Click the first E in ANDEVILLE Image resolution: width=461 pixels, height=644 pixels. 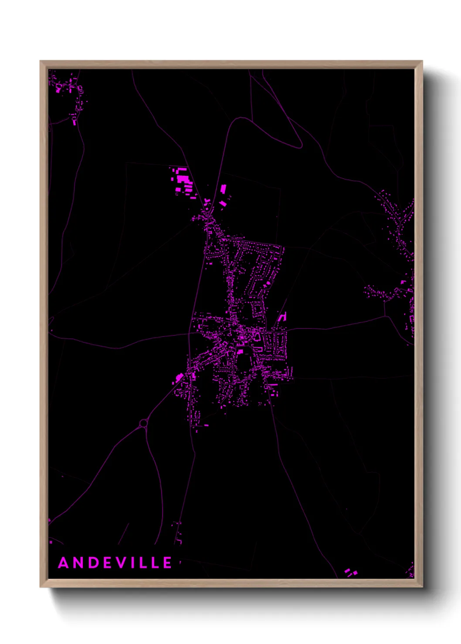108,563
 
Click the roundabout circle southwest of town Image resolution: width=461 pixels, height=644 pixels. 143,423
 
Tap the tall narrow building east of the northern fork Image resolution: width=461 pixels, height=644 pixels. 224,188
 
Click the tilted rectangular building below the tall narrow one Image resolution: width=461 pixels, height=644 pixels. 223,203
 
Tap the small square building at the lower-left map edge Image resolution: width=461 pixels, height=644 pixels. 51,542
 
